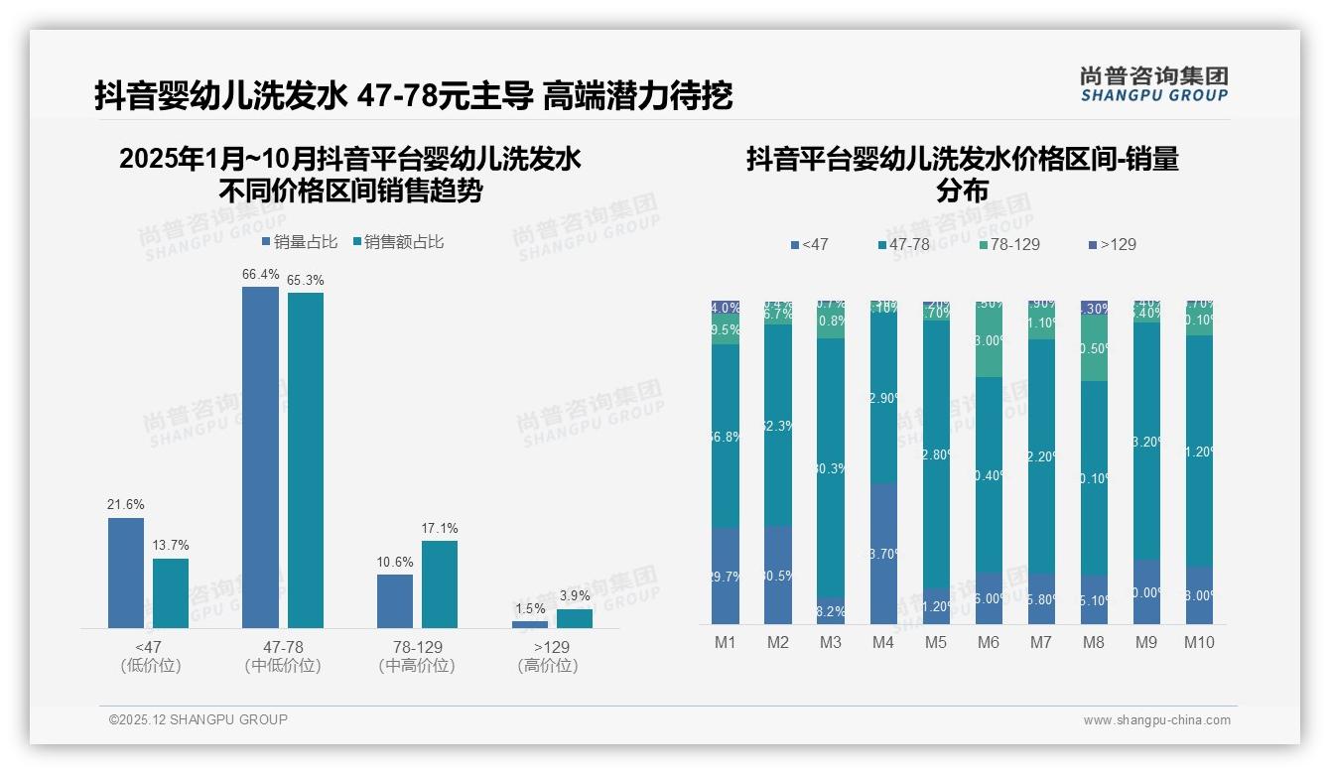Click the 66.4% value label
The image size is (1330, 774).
260,275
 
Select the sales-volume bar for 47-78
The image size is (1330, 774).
260,456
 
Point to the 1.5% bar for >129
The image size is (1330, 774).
530,624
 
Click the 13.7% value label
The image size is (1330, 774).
171,546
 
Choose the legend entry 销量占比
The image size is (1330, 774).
300,242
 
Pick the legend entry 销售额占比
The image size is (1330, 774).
398,242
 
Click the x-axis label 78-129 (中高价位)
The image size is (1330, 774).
417,656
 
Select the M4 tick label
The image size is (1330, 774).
883,642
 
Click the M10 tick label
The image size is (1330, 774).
1199,642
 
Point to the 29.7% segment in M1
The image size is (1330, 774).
726,577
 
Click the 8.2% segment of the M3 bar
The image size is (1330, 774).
831,610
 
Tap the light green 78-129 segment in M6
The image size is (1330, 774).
989,340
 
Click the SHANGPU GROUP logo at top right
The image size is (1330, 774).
1153,84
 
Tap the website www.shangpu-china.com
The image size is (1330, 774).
1156,720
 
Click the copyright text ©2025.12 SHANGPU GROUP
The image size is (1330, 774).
199,719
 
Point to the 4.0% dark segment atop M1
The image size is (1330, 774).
726,308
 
